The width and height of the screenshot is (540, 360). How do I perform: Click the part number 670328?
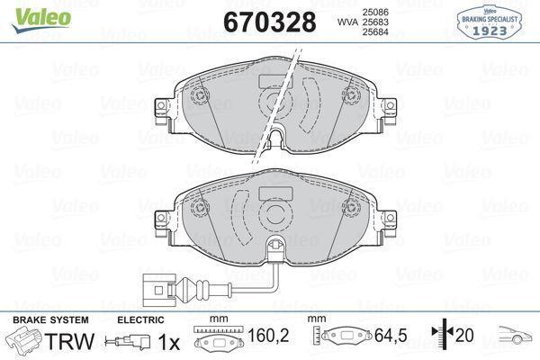click(269, 21)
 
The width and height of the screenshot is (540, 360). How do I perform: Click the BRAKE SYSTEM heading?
click(49, 320)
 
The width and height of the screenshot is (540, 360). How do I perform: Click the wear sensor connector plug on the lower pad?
click(162, 290)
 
